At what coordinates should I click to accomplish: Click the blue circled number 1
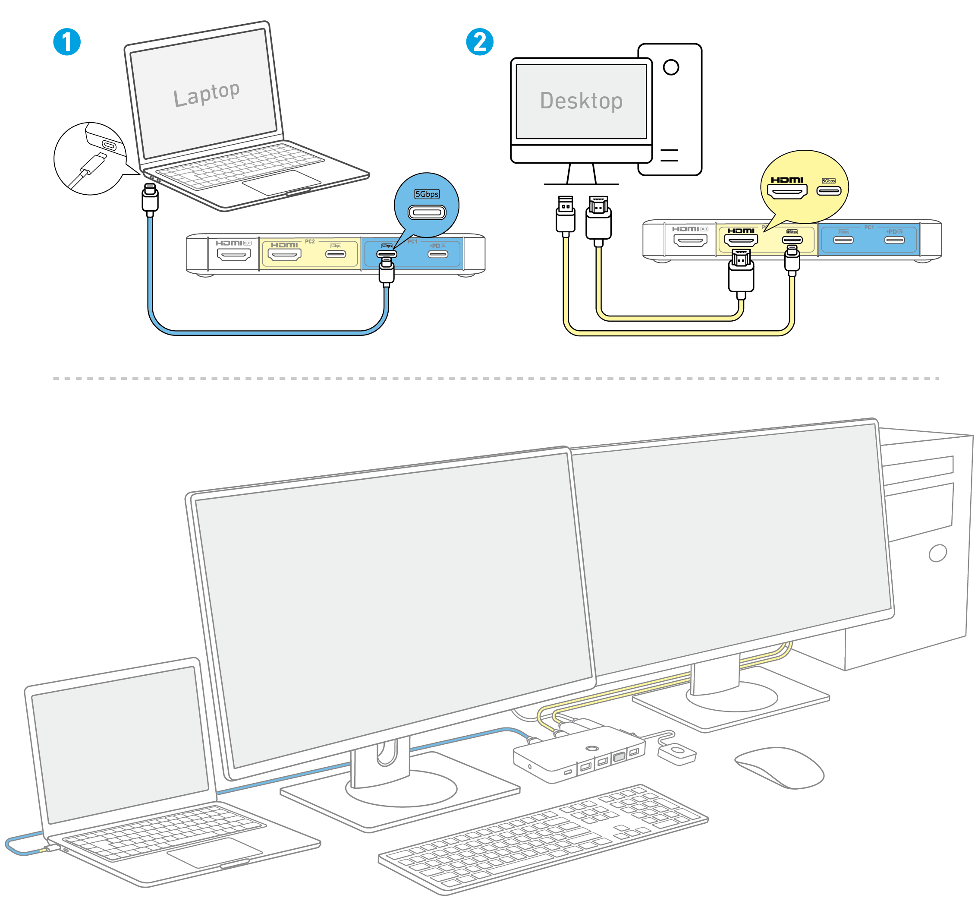(x=67, y=42)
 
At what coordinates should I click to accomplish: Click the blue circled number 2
(x=480, y=42)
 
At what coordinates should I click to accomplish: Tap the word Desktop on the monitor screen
(x=581, y=101)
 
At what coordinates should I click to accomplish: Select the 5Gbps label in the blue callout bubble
(x=427, y=194)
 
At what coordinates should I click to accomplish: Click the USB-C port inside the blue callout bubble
(x=427, y=213)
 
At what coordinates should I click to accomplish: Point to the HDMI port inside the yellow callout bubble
(x=787, y=191)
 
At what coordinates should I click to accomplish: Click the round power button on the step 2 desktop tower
(x=671, y=67)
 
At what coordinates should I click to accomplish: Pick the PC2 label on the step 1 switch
(x=309, y=242)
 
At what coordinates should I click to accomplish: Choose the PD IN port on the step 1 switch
(x=438, y=254)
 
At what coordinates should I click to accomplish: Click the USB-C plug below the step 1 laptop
(x=150, y=199)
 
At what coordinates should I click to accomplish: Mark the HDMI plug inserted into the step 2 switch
(x=741, y=273)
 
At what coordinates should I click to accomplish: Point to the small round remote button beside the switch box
(x=677, y=751)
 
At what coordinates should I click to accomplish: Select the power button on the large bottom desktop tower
(x=937, y=553)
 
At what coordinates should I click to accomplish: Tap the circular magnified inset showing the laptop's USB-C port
(x=90, y=158)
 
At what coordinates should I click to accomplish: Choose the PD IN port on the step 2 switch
(x=894, y=240)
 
